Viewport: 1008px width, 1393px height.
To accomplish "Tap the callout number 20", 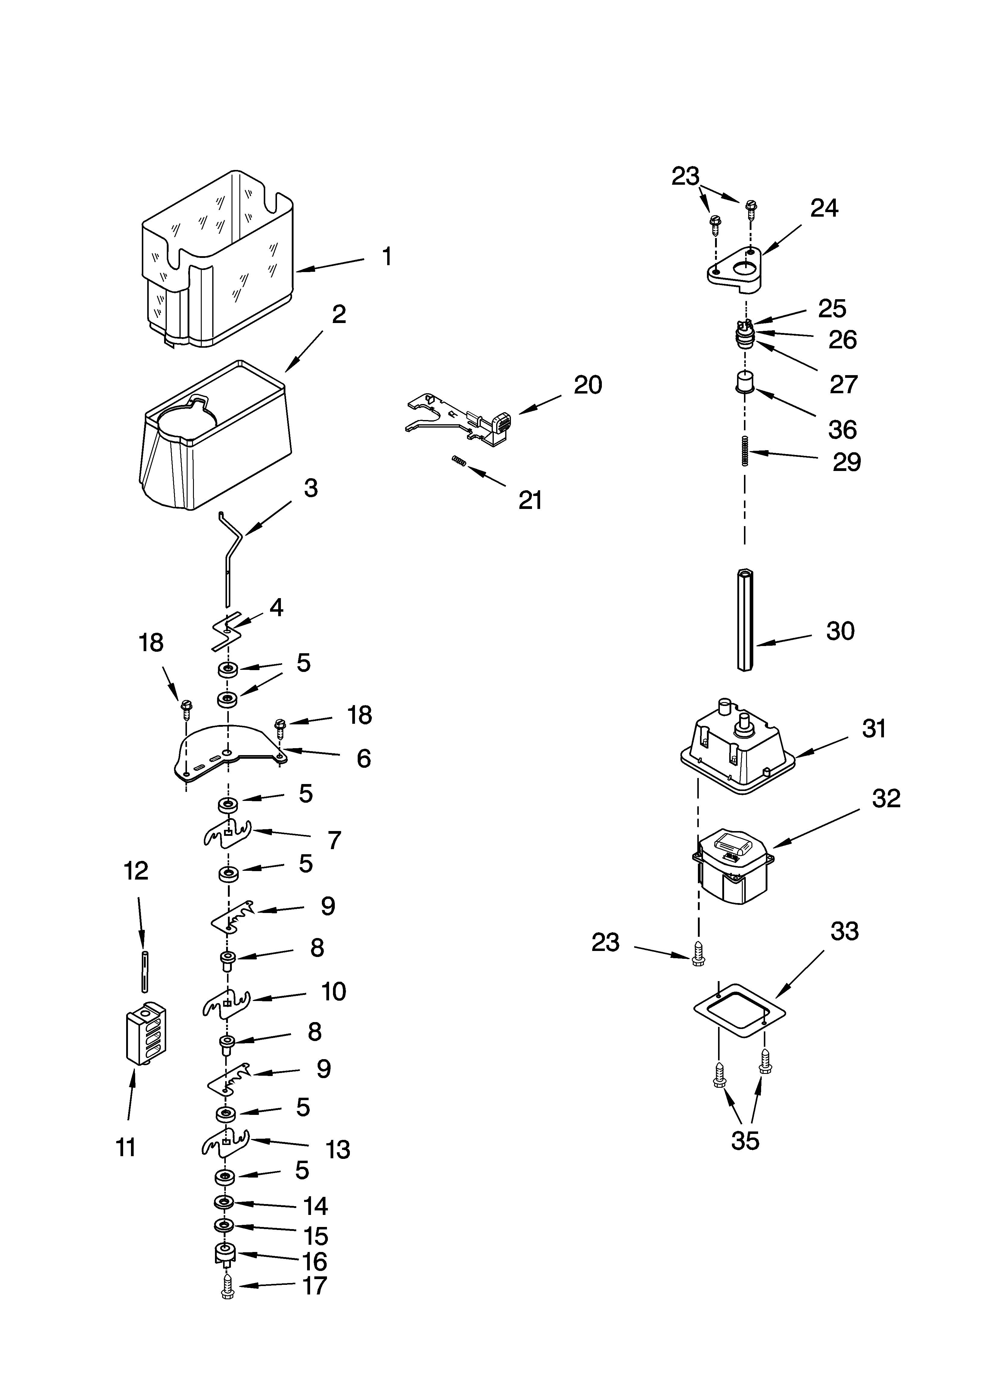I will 587,385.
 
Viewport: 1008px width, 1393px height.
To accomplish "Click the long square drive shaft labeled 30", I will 745,620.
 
